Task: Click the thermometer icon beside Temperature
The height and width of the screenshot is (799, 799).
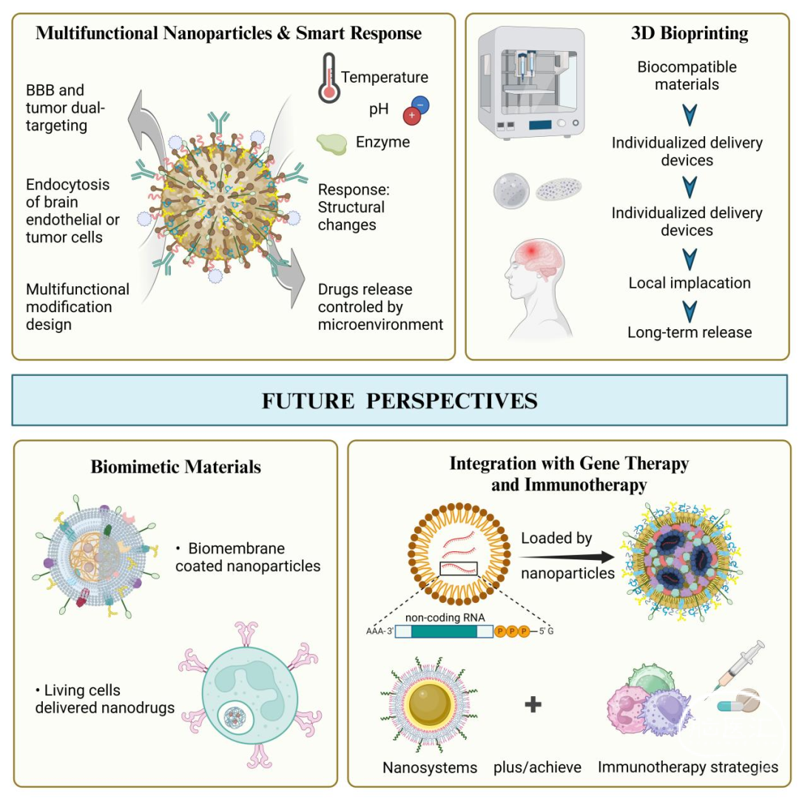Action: pos(329,78)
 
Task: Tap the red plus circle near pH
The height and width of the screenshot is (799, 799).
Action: pos(412,115)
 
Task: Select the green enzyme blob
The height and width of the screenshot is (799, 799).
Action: pos(331,144)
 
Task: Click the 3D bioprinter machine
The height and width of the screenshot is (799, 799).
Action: pos(530,83)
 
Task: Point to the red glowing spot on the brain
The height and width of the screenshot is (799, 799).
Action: pos(531,251)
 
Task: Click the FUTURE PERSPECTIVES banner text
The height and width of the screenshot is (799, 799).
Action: pos(399,401)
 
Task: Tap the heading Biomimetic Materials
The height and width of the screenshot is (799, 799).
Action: pos(176,467)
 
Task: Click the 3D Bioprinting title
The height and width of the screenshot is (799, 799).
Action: pos(690,33)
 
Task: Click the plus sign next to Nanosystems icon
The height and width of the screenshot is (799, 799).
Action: pos(533,704)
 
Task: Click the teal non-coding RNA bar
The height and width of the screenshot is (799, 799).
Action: pos(444,631)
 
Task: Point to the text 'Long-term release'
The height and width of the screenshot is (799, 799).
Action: pos(690,332)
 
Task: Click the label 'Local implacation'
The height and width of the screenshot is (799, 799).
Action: pos(690,283)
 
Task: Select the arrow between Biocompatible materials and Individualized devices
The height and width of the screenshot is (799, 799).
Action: pos(690,115)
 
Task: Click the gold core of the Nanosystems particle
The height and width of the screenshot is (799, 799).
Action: pos(430,704)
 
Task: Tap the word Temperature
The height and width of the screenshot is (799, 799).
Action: pos(385,77)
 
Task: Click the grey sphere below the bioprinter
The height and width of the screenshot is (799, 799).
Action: pos(511,191)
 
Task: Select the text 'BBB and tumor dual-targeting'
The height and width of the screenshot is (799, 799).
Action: pos(65,107)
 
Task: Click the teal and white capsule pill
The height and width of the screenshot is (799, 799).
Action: pos(729,707)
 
